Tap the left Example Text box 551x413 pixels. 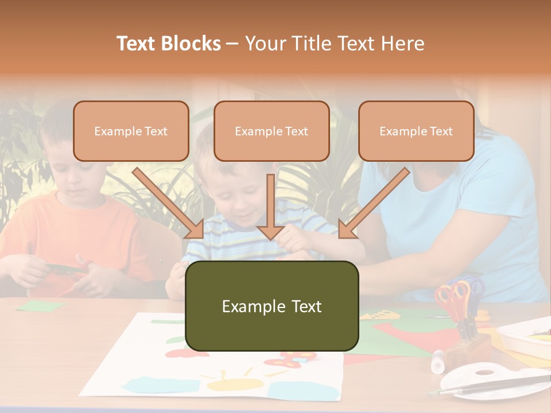pos(131,131)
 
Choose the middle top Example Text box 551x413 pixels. pos(271,131)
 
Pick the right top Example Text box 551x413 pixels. pos(416,131)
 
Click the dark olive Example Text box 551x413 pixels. pos(271,306)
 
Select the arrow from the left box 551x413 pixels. pos(169,204)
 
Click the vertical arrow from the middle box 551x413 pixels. pos(270,206)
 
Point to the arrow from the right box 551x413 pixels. pos(373,204)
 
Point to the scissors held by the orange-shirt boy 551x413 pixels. pos(69,268)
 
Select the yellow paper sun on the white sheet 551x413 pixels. pos(230,383)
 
